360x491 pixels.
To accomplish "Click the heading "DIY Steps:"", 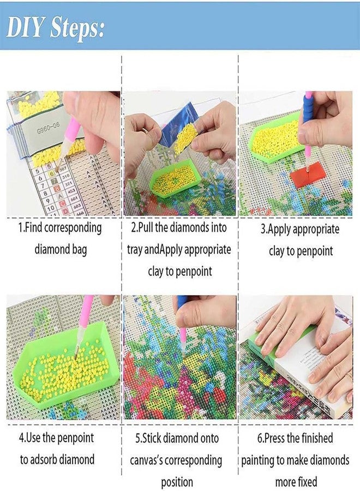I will (x=55, y=26).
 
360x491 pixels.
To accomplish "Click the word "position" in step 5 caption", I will (x=177, y=482).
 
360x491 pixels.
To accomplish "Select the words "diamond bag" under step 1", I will (x=60, y=250).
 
